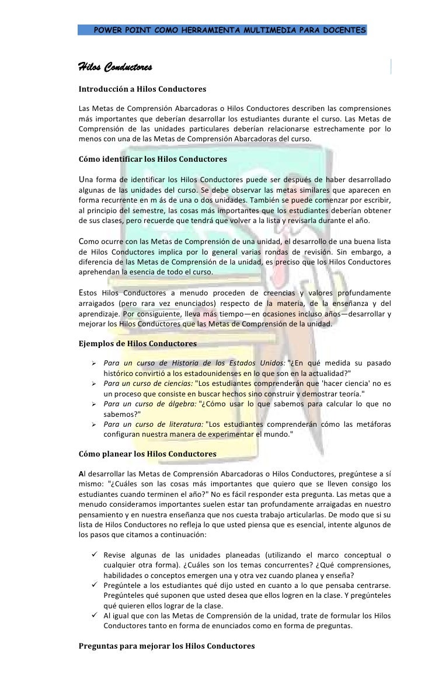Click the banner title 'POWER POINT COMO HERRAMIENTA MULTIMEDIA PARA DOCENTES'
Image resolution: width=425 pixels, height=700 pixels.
point(230,30)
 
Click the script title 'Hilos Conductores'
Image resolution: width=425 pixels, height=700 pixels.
point(116,68)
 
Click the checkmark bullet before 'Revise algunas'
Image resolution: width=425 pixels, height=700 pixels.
point(93,555)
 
